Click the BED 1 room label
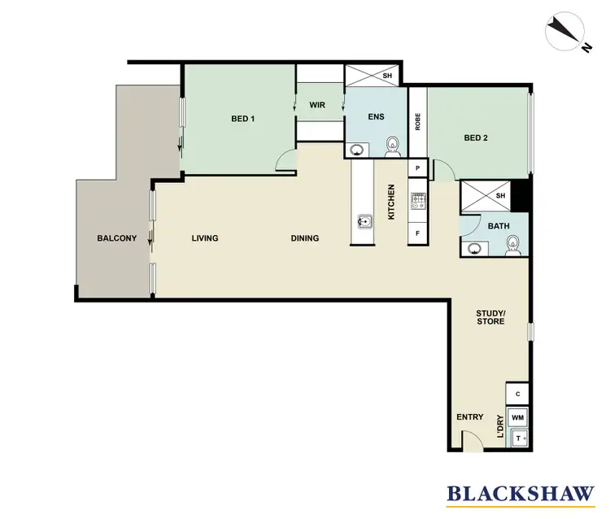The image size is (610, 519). point(243,119)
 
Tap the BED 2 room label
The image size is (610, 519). point(476,138)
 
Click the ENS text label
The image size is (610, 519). point(376,117)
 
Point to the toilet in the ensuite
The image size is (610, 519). point(393,146)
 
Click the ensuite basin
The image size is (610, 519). point(356,149)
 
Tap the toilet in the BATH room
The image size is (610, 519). point(512,244)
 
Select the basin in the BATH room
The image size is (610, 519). point(474,249)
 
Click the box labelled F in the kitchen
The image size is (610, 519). point(418,233)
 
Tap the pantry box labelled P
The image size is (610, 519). point(418,168)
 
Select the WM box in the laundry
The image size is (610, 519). point(517,418)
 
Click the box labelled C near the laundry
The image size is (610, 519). point(517,394)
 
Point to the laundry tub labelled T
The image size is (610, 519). point(517,439)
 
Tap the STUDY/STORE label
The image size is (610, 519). point(490,317)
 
